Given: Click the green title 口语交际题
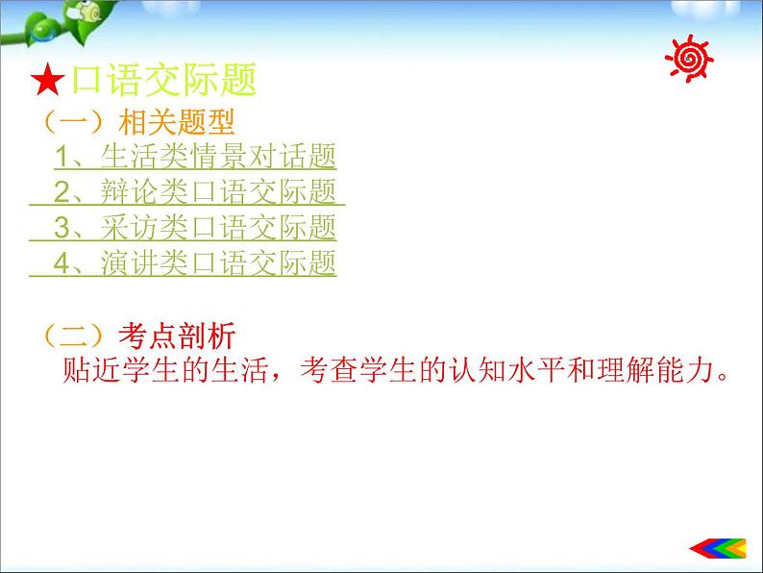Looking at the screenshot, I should (160, 81).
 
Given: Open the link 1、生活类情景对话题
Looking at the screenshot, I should (195, 158).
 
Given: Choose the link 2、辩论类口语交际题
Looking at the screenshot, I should (195, 192).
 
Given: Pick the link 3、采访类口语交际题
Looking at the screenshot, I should (195, 228).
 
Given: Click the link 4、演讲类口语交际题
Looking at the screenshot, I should (195, 262).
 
